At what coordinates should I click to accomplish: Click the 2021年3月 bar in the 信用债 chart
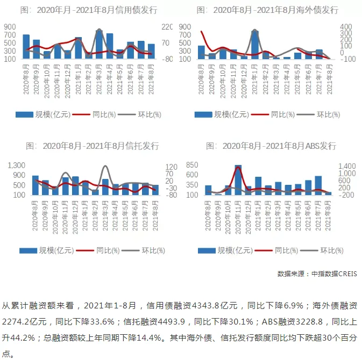click(99, 44)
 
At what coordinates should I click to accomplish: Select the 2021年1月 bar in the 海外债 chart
click(255, 45)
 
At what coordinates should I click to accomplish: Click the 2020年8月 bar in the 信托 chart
click(35, 185)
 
